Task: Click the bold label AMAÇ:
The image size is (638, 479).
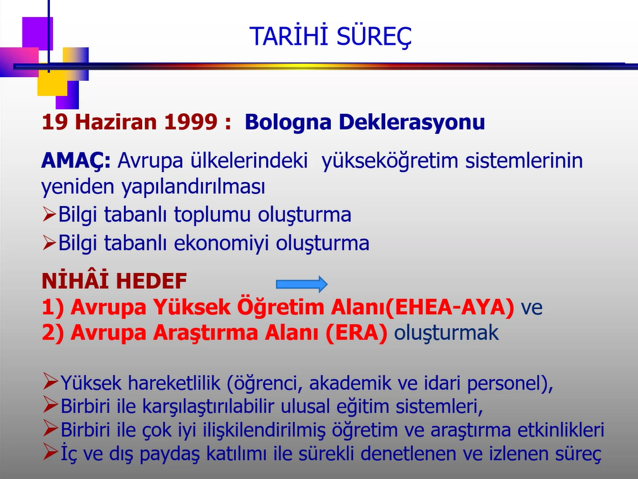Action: click(x=76, y=161)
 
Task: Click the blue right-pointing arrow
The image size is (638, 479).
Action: click(x=302, y=284)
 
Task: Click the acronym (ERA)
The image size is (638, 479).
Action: click(x=357, y=333)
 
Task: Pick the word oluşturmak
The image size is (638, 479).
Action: click(x=446, y=332)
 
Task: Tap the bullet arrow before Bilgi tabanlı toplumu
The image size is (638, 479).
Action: click(x=49, y=214)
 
